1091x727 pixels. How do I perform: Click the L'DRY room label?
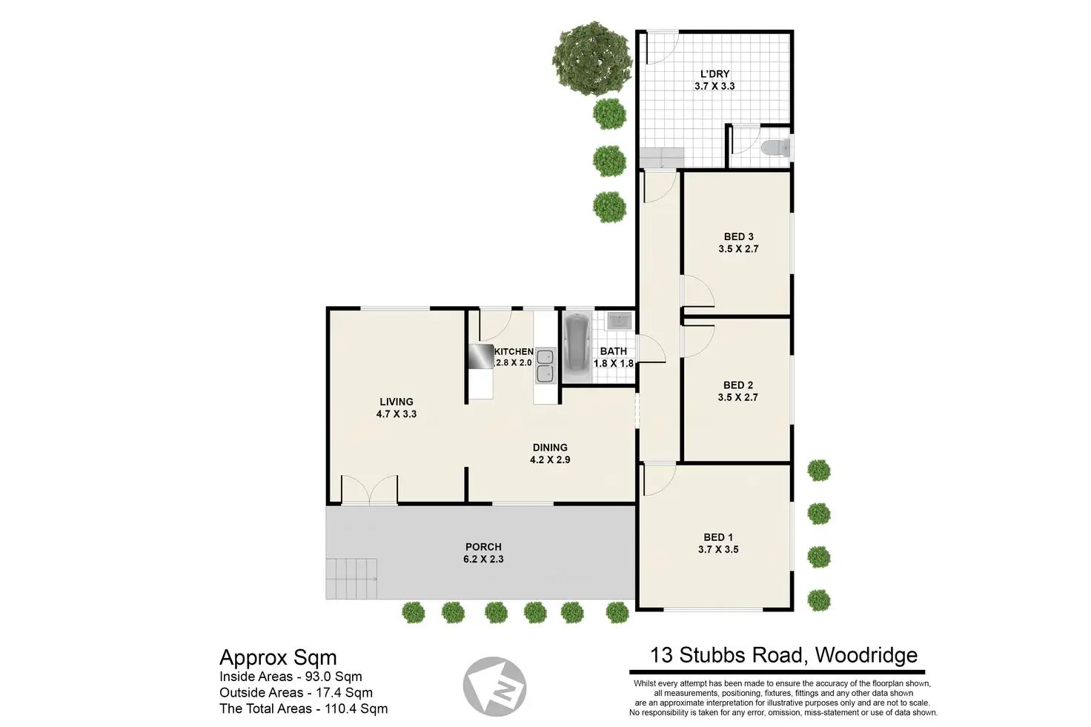tap(714, 74)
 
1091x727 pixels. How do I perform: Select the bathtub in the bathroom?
tap(576, 346)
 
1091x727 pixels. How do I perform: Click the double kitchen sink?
tap(545, 365)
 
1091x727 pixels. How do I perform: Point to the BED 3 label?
tap(738, 237)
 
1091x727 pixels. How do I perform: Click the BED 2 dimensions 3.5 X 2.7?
tap(737, 397)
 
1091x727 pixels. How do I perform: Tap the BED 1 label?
tap(717, 537)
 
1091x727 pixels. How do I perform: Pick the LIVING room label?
tap(397, 402)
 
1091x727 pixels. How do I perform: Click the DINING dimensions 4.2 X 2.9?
tap(550, 459)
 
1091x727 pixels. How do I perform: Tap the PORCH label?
tap(483, 547)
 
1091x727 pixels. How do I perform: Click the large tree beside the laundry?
tap(591, 59)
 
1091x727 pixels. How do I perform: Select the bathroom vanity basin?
tap(618, 321)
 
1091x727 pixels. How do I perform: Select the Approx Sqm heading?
tap(278, 657)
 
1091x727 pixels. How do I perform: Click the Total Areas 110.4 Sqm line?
tap(303, 708)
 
